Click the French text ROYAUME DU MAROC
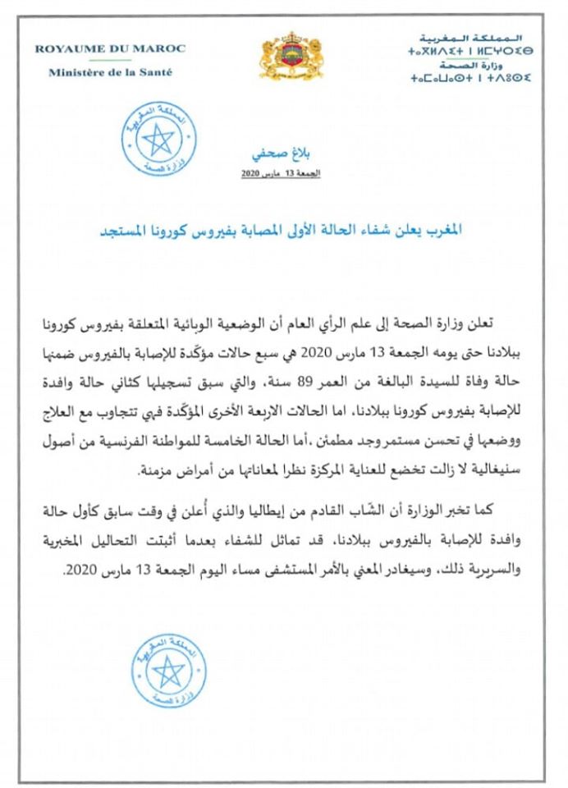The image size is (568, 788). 109,48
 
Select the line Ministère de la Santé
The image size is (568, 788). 109,72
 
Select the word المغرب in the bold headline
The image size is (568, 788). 442,229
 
